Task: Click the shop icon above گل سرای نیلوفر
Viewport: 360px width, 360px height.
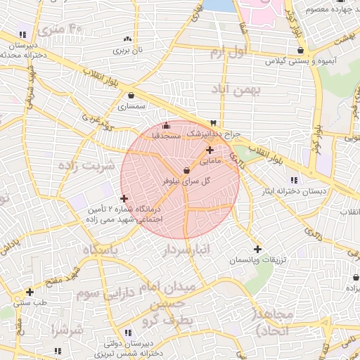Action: coord(186,170)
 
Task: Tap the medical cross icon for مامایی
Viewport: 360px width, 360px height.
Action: coord(210,150)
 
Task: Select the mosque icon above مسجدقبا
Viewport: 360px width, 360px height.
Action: coord(166,125)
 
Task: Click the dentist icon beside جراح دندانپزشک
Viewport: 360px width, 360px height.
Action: coord(214,122)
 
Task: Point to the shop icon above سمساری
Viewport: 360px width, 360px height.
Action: coord(131,96)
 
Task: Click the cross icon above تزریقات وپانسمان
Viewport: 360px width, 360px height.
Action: coord(257,249)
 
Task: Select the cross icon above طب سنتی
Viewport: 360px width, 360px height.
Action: coord(30,292)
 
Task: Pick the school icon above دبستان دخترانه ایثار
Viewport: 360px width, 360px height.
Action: coord(293,179)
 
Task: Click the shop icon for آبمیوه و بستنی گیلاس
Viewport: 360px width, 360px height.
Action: coord(301,51)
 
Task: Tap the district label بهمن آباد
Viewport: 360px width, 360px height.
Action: coord(235,89)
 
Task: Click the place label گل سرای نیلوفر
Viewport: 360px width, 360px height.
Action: coord(187,181)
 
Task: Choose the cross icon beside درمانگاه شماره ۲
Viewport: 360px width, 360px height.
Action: coord(125,199)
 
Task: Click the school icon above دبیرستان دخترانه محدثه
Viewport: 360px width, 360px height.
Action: coord(23,34)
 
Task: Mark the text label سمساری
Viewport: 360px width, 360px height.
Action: coord(131,107)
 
